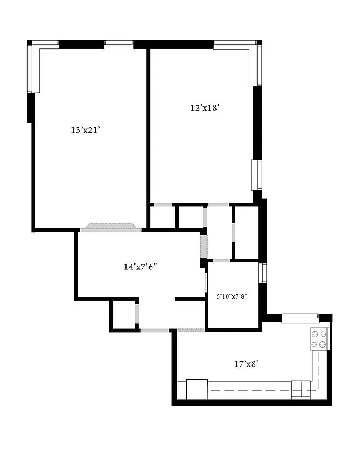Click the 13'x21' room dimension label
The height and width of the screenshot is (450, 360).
coord(85,130)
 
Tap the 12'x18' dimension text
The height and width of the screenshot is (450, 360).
coord(204,108)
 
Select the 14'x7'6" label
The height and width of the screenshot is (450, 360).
coord(140,267)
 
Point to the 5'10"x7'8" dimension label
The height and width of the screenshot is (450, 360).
coord(232,295)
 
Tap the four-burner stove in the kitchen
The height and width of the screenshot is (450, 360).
coord(318,339)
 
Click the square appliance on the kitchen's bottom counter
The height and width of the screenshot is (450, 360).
coord(197,389)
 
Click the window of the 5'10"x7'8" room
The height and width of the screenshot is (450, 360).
coord(262,273)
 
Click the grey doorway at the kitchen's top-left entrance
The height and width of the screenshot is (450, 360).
coord(190,329)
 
